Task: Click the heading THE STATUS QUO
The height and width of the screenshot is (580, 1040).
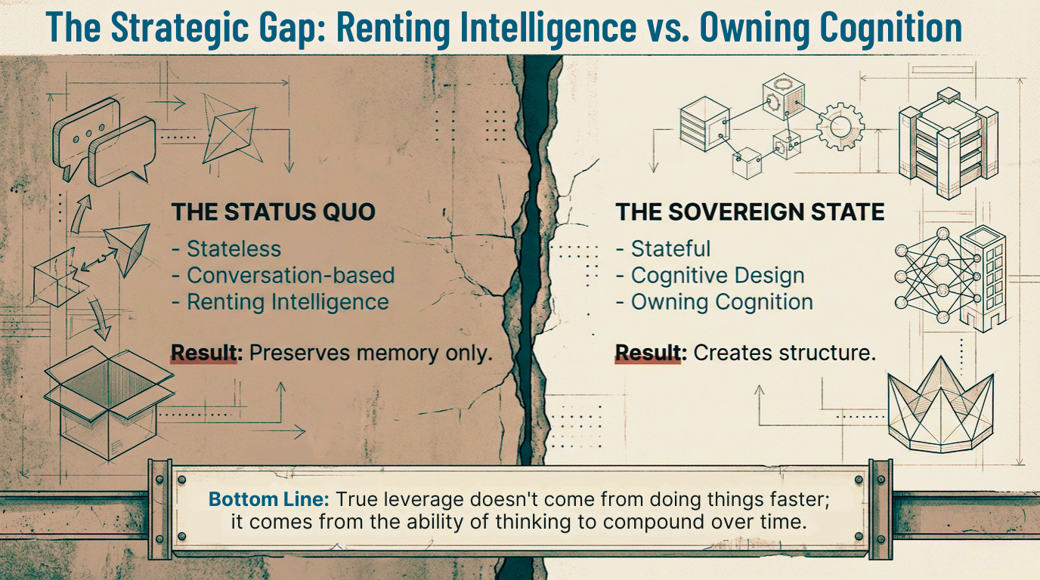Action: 273,211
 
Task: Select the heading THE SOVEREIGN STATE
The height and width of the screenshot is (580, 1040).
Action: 750,211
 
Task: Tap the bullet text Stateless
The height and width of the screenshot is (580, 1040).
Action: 234,248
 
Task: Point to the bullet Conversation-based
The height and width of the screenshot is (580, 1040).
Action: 290,276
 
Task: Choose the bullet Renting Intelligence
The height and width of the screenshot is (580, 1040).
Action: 287,302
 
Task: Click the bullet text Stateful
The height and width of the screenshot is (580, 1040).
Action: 670,248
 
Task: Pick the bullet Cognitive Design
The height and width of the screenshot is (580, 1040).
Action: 717,276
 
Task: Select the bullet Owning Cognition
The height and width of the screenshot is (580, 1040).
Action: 722,302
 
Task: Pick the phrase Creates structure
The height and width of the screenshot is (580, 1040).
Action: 785,353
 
